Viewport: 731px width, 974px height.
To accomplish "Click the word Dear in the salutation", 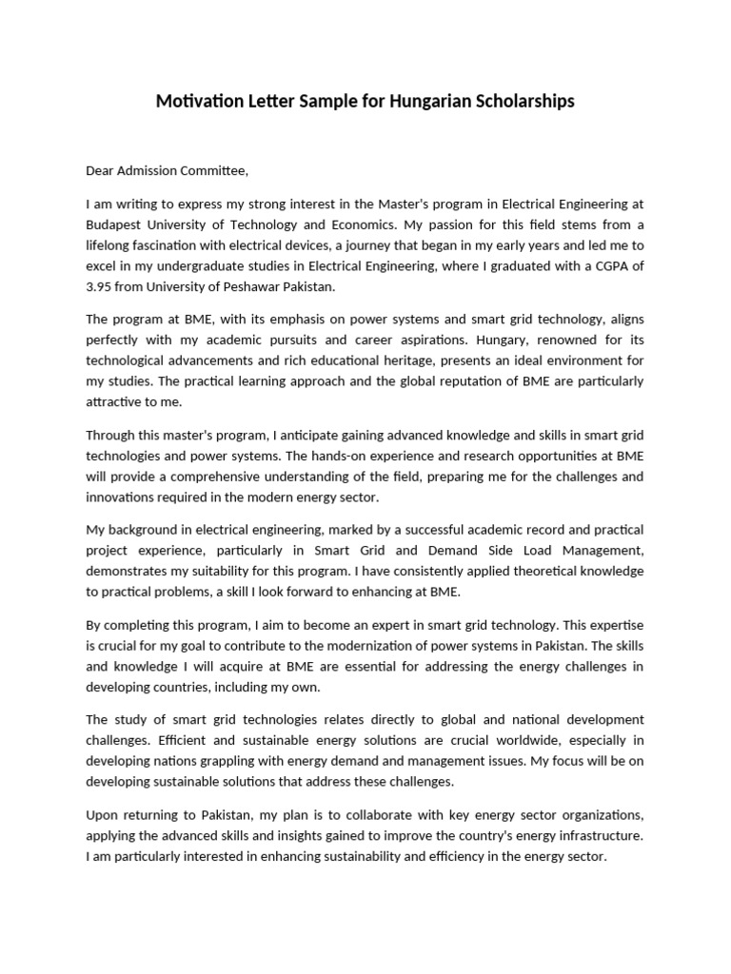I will click(x=102, y=171).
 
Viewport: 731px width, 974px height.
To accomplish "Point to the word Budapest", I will click(x=117, y=224).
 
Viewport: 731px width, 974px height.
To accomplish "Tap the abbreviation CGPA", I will click(x=603, y=266).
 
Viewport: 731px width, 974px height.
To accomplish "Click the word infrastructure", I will click(x=601, y=835).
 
